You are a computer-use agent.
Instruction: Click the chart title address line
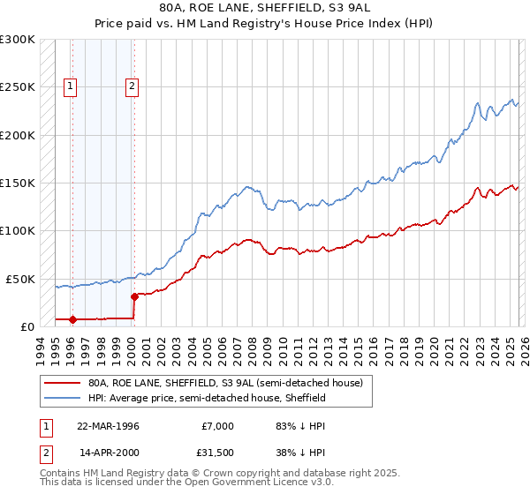point(265,8)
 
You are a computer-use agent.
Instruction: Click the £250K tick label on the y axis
point(18,87)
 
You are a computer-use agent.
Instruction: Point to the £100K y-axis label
point(18,230)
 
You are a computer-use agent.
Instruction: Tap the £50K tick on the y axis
point(20,279)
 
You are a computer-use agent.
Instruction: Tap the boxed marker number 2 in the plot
point(132,86)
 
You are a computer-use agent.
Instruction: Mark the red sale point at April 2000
point(134,296)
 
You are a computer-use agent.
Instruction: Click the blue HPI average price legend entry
point(207,398)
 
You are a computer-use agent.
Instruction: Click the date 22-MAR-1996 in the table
point(108,426)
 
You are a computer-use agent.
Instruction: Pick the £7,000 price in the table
point(216,426)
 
